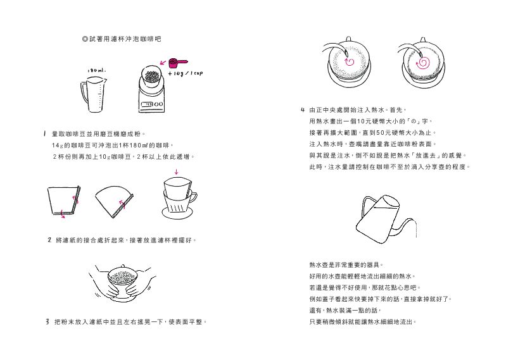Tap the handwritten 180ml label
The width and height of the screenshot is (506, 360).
pos(97,70)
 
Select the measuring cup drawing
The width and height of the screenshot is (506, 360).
pos(93,94)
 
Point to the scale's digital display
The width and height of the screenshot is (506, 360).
pos(147,104)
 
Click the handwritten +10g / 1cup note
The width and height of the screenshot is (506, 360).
pos(186,73)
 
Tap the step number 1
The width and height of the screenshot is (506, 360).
pos(45,133)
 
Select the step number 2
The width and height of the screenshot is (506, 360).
pos(49,240)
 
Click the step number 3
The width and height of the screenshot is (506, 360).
pos(47,321)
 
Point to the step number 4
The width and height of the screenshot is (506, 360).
pos(302,110)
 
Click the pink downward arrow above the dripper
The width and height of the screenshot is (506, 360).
pos(176,172)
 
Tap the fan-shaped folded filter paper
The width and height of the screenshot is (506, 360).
pos(114,201)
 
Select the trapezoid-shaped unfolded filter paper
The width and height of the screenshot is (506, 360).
pos(64,200)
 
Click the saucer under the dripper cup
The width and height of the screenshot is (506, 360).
pos(178,213)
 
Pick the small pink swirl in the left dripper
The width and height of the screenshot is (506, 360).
pos(350,61)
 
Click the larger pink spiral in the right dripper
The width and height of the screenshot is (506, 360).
pos(423,63)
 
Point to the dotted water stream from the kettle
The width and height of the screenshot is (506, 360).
pos(416,229)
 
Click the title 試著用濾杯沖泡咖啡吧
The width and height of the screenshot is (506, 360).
pos(122,39)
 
